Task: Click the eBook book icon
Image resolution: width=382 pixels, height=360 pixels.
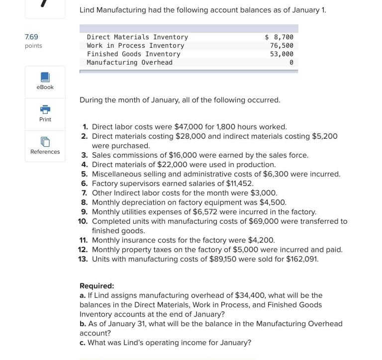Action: (45, 77)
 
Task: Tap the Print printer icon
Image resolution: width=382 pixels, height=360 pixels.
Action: (45, 109)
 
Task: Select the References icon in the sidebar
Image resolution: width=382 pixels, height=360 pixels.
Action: (45, 142)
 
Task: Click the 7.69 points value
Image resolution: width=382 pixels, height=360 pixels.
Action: (31, 37)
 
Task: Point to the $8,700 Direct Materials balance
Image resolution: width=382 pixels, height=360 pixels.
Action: (279, 37)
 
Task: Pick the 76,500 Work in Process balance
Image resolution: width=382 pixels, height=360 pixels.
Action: (282, 46)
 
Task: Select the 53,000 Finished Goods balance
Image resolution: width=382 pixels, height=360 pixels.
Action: (282, 54)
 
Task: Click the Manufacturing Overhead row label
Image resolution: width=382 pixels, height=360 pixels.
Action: (129, 63)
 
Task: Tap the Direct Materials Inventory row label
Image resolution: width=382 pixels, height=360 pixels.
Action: (137, 37)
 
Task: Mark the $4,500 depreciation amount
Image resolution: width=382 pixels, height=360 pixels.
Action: (272, 202)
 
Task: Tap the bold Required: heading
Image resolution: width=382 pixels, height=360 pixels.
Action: (96, 286)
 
